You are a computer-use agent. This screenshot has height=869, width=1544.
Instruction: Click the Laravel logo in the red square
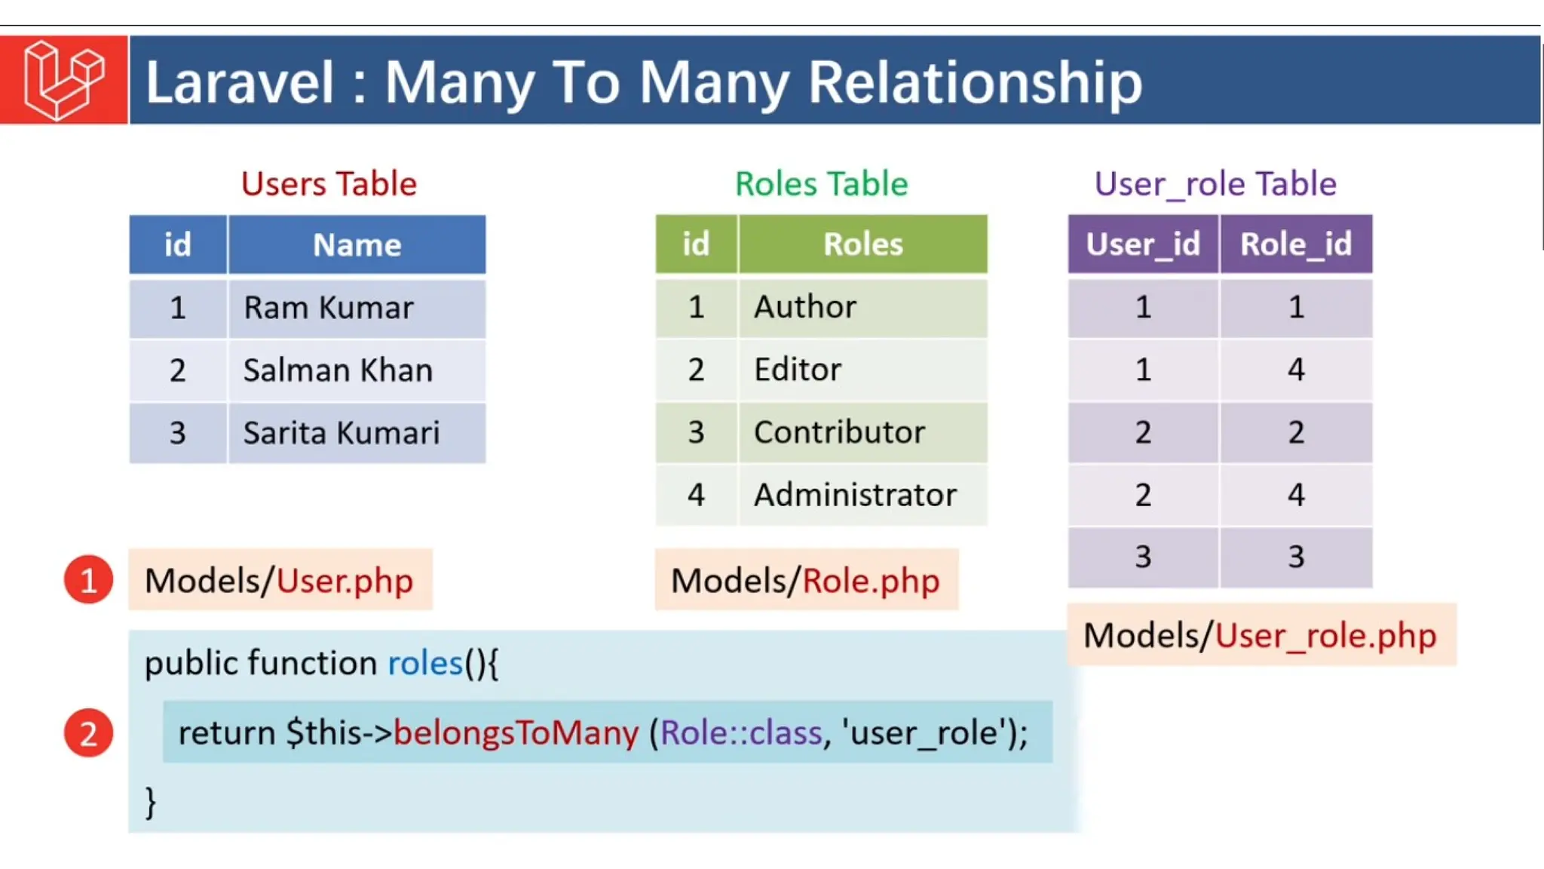[63, 80]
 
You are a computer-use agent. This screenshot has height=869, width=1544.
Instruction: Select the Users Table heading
[329, 184]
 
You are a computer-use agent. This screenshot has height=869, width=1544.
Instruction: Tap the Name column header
[357, 244]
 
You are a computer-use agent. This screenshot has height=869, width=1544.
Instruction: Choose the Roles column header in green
[862, 244]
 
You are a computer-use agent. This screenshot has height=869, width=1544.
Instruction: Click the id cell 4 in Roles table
[696, 495]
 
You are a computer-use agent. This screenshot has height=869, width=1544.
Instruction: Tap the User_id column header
[1142, 244]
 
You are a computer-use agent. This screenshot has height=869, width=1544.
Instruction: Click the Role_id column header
[1296, 244]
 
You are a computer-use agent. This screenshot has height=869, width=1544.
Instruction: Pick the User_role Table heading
[1215, 184]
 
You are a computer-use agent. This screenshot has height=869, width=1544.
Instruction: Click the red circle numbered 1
[88, 580]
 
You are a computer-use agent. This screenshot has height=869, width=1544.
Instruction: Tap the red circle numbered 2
[88, 732]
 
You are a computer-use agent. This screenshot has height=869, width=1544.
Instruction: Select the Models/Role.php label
[805, 580]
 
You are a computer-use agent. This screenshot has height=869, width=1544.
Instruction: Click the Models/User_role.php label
[1260, 635]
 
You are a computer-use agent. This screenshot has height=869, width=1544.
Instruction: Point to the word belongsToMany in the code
[516, 732]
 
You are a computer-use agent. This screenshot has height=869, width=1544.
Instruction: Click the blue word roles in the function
[424, 663]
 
